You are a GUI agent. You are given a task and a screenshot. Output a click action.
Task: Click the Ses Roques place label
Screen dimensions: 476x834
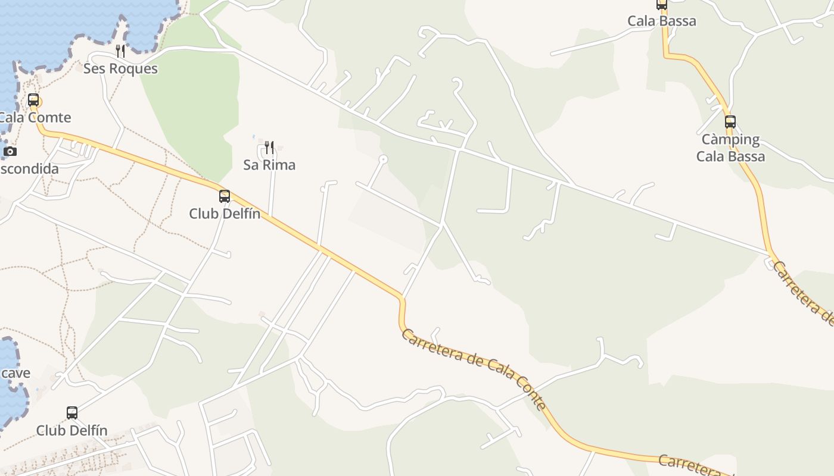[120, 68]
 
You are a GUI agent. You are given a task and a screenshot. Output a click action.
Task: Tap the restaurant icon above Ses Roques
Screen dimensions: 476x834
[120, 51]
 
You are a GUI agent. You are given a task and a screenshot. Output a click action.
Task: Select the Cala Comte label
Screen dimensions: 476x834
[35, 117]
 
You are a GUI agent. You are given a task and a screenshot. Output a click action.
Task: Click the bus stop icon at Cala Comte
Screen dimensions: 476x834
[33, 100]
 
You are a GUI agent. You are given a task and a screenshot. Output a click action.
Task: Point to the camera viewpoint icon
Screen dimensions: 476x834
[10, 152]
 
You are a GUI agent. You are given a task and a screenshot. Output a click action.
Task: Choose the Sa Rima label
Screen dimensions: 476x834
[269, 165]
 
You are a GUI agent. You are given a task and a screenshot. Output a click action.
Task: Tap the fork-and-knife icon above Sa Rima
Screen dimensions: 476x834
[269, 147]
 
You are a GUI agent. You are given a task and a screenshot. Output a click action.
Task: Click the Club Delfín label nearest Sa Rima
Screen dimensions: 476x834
[225, 214]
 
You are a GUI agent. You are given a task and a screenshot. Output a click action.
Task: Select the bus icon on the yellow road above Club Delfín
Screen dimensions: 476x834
[225, 196]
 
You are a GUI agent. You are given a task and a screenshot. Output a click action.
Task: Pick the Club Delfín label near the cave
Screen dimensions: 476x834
[71, 430]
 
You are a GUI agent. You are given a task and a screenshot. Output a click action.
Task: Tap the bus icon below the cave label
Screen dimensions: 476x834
[72, 412]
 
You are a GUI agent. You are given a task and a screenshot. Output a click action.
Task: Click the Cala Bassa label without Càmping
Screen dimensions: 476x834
[661, 21]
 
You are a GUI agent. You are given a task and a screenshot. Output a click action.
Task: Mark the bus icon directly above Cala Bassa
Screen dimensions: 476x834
[661, 5]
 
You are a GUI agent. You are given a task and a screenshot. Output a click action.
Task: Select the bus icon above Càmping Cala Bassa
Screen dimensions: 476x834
[730, 122]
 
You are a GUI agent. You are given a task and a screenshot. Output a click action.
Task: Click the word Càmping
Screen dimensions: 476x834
[730, 140]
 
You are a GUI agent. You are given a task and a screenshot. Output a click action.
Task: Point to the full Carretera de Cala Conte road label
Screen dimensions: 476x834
[474, 369]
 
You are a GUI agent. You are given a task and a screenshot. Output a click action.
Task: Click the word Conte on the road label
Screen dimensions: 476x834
[531, 392]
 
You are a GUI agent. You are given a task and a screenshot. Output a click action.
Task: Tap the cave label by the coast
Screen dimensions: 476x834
[15, 373]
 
